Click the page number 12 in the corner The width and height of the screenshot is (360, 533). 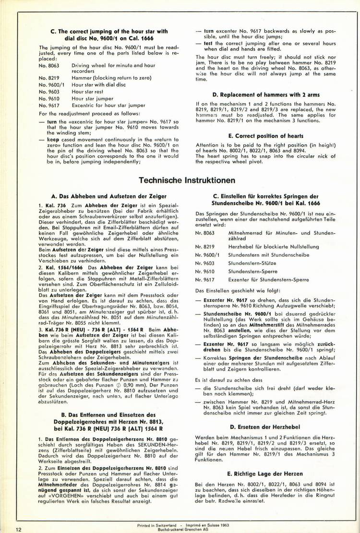click(18, 529)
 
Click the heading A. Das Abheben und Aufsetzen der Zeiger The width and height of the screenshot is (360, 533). click(108, 196)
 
